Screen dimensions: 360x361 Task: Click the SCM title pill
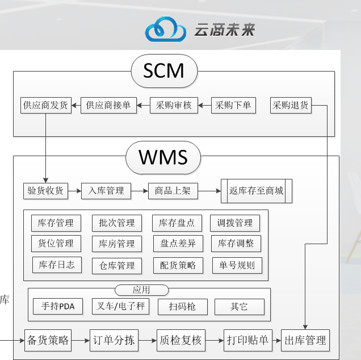[164, 70]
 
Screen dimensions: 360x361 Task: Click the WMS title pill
[163, 156]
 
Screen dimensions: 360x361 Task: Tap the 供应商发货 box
[45, 105]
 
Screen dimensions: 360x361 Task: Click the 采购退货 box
[291, 105]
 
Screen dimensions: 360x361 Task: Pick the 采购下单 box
[234, 105]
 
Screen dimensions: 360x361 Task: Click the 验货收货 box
[45, 191]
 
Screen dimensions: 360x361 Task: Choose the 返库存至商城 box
[256, 191]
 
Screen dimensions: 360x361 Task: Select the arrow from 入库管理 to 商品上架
[139, 191]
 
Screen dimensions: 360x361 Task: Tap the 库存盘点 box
[177, 223]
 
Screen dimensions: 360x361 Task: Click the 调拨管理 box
[234, 223]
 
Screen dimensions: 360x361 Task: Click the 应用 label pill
[141, 290]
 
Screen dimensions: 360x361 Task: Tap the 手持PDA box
[58, 307]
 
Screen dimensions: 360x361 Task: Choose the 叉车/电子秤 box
[119, 307]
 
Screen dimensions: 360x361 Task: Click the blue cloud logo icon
[165, 29]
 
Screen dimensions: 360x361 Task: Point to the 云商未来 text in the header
[224, 30]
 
